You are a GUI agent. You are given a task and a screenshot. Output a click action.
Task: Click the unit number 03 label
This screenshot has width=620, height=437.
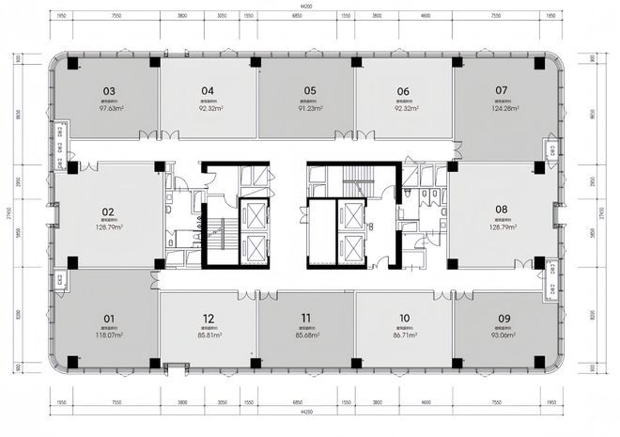click(x=110, y=91)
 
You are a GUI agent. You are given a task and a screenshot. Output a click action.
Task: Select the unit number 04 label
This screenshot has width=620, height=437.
click(x=208, y=91)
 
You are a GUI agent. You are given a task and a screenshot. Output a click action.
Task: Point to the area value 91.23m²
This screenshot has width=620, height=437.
click(x=309, y=108)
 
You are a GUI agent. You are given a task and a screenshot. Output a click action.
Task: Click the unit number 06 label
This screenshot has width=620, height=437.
click(x=403, y=91)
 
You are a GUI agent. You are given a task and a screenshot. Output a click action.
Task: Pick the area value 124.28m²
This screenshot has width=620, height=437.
click(x=501, y=108)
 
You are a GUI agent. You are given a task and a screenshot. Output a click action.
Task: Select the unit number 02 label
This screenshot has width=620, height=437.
click(x=108, y=211)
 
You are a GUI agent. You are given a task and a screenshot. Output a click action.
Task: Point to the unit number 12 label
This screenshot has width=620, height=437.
click(x=208, y=318)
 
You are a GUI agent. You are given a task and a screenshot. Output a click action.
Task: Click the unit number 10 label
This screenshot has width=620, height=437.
click(x=404, y=318)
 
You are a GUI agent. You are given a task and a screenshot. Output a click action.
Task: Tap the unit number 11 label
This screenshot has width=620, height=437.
click(x=306, y=318)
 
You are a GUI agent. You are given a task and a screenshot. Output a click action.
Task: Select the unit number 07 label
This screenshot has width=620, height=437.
click(x=501, y=91)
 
